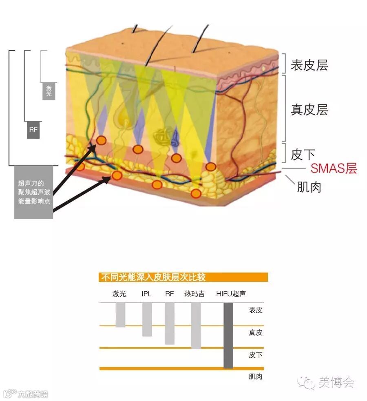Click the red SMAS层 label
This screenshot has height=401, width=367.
coord(334,168)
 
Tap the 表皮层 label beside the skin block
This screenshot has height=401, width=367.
coord(309,65)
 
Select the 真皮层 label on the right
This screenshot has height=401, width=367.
coord(309,109)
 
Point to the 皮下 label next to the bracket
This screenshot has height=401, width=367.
coord(303,154)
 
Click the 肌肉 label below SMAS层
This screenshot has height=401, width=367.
coord(309,187)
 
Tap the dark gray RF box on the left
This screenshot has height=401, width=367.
coord(33,130)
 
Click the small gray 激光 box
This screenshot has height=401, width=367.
coord(49,91)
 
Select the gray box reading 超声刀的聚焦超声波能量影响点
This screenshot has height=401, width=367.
coord(33,192)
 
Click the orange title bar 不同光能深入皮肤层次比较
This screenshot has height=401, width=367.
coord(183,277)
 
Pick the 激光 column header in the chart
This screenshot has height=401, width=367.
coord(119,294)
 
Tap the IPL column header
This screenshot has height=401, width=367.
coord(147,294)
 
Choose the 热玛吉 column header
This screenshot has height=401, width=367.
coord(194,294)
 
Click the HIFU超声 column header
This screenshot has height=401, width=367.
coord(231,294)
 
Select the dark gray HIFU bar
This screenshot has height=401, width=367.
coord(228,335)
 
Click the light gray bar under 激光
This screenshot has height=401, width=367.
coord(120,315)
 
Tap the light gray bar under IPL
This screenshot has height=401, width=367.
coord(147,319)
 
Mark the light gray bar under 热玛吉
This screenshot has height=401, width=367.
coord(196,325)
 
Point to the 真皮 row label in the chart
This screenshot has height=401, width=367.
coord(256,332)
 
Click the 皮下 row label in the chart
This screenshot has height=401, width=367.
coord(256,355)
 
